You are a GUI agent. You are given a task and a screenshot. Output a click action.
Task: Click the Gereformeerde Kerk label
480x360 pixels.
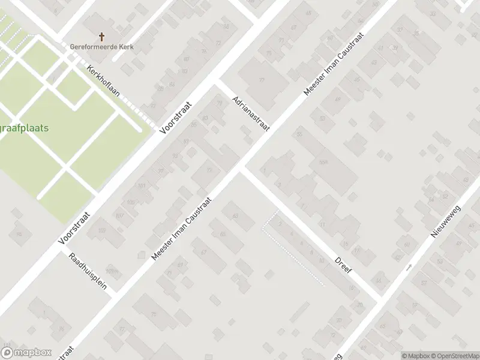click(101, 47)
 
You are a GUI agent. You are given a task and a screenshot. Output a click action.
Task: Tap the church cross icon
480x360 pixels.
click(101, 37)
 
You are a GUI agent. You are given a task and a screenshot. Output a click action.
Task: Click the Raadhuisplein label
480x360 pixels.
click(88, 271)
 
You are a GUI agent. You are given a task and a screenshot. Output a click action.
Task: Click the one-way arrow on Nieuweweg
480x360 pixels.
click(409, 267)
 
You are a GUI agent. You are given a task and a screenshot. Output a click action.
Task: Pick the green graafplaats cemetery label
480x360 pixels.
click(24, 128)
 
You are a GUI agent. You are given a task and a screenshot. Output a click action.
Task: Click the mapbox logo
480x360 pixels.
click(26, 353)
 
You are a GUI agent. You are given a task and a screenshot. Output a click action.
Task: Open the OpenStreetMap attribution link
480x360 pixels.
click(454, 355)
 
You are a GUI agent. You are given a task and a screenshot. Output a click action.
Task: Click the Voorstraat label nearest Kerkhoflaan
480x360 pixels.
click(175, 118)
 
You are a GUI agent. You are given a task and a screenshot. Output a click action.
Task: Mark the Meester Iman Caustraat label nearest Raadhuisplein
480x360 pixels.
click(182, 230)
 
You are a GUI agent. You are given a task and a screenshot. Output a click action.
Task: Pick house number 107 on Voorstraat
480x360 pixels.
click(119, 215)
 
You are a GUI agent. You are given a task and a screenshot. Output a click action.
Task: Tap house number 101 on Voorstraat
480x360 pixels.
click(142, 186)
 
